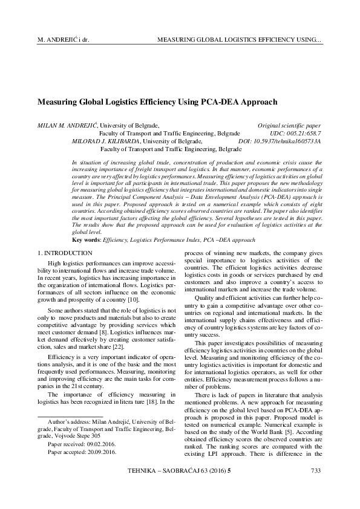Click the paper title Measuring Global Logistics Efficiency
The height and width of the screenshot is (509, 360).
[x=157, y=102]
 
